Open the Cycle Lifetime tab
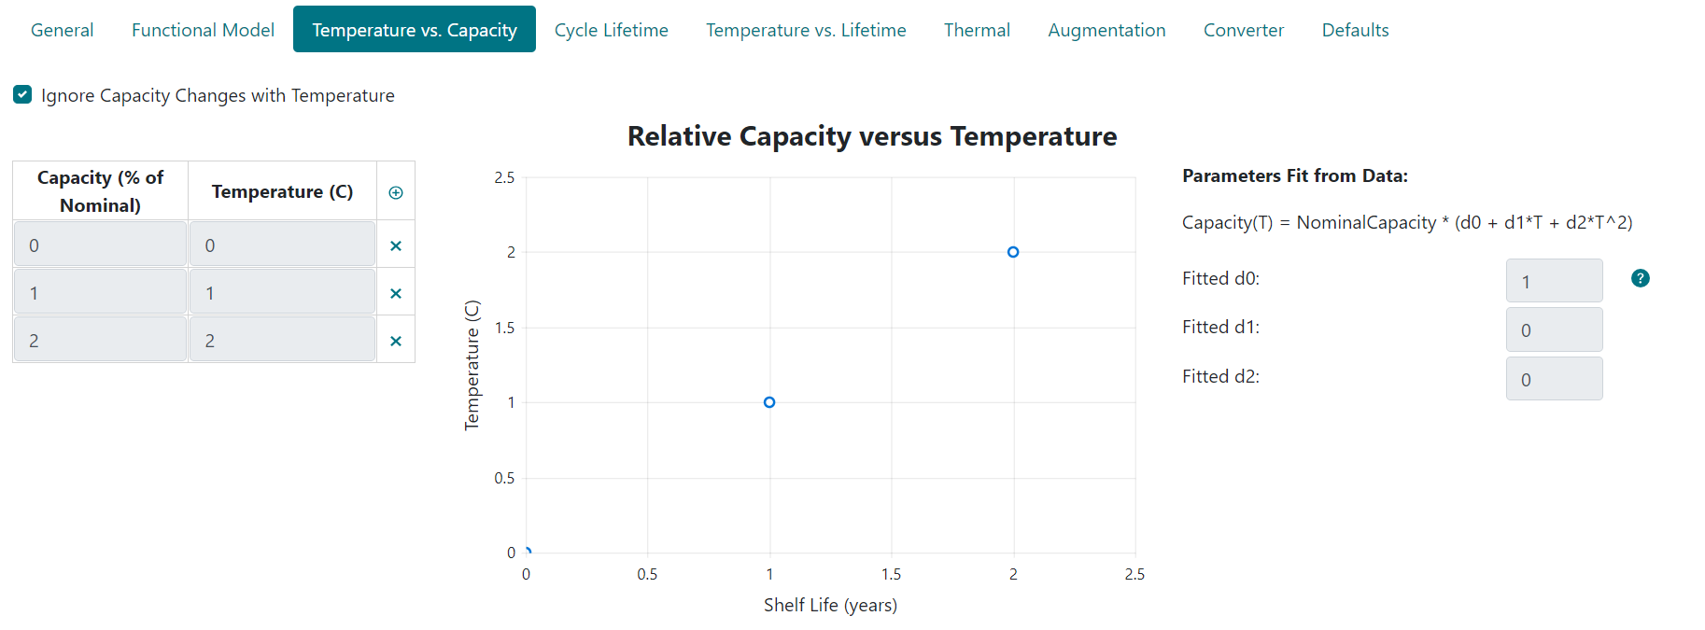click(x=611, y=30)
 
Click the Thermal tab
click(x=977, y=30)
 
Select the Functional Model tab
click(x=203, y=30)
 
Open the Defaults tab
click(x=1355, y=30)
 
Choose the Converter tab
click(x=1243, y=30)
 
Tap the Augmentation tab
click(x=1106, y=30)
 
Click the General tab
click(x=62, y=30)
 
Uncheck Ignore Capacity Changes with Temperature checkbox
click(x=22, y=94)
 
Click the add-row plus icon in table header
click(x=396, y=192)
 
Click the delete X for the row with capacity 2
click(x=396, y=341)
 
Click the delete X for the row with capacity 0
click(x=396, y=245)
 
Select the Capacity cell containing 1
click(x=100, y=293)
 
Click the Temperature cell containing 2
click(x=282, y=341)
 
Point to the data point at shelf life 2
click(x=1013, y=252)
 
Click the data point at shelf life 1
click(x=769, y=402)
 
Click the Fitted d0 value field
click(x=1554, y=281)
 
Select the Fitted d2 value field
click(x=1554, y=379)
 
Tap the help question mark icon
click(x=1640, y=278)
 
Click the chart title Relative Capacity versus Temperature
click(x=871, y=136)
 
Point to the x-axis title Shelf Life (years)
click(x=830, y=605)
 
